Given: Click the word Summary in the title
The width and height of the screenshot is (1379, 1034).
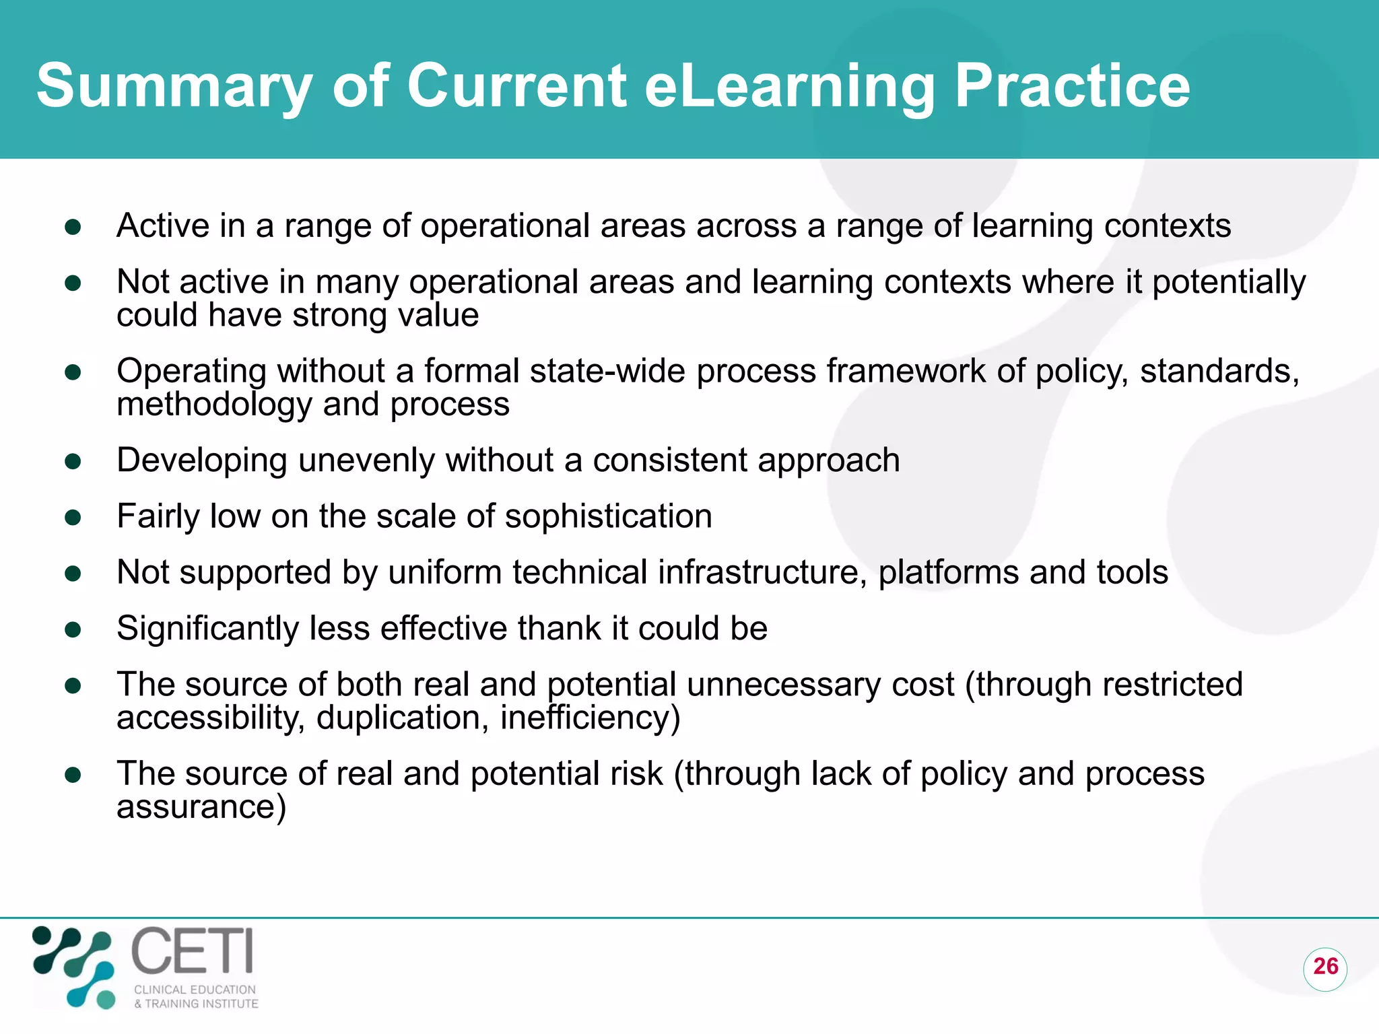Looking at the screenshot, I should [174, 86].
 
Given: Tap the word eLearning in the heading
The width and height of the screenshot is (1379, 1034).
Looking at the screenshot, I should [789, 86].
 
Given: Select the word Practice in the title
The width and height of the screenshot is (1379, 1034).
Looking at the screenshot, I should [1072, 86].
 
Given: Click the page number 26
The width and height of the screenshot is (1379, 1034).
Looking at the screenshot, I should [1325, 967].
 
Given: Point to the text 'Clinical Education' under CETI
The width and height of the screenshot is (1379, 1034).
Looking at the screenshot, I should [195, 990].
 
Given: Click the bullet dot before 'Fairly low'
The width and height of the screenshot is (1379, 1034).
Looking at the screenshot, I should [73, 517].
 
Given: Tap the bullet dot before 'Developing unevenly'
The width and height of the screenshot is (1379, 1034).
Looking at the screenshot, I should [73, 461].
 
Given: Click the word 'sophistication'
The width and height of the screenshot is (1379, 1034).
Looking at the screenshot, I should [608, 516].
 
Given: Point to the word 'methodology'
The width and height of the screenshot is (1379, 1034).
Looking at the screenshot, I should [214, 405].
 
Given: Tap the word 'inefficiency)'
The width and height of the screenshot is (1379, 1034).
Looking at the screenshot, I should [590, 718].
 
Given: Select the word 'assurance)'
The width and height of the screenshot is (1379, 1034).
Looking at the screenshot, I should [201, 806].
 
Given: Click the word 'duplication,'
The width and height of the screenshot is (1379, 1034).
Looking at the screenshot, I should [403, 718].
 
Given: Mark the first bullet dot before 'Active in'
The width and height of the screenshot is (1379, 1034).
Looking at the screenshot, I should [73, 226].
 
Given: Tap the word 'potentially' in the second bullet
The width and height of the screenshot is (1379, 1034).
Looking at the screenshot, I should [1229, 282].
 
